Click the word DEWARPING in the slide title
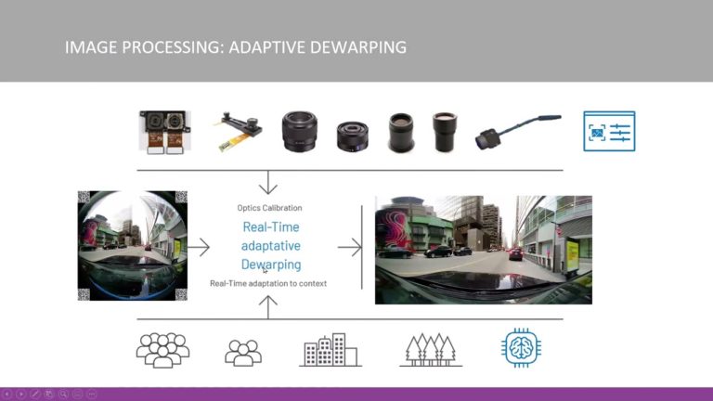[x=358, y=46]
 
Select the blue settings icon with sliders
[x=609, y=132]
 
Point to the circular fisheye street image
[x=133, y=245]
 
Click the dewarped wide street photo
[x=483, y=250]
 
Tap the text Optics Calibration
[x=270, y=208]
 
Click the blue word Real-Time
[x=271, y=226]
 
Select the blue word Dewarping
[x=271, y=265]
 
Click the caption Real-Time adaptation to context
[x=268, y=283]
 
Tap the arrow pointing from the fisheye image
[x=199, y=247]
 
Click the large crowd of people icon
[x=162, y=349]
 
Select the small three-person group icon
[x=243, y=352]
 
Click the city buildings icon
[x=331, y=349]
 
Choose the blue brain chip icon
[x=520, y=348]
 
